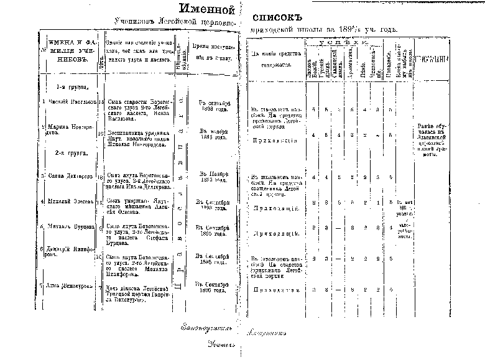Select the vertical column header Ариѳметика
point(351,60)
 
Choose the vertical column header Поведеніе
point(387,62)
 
